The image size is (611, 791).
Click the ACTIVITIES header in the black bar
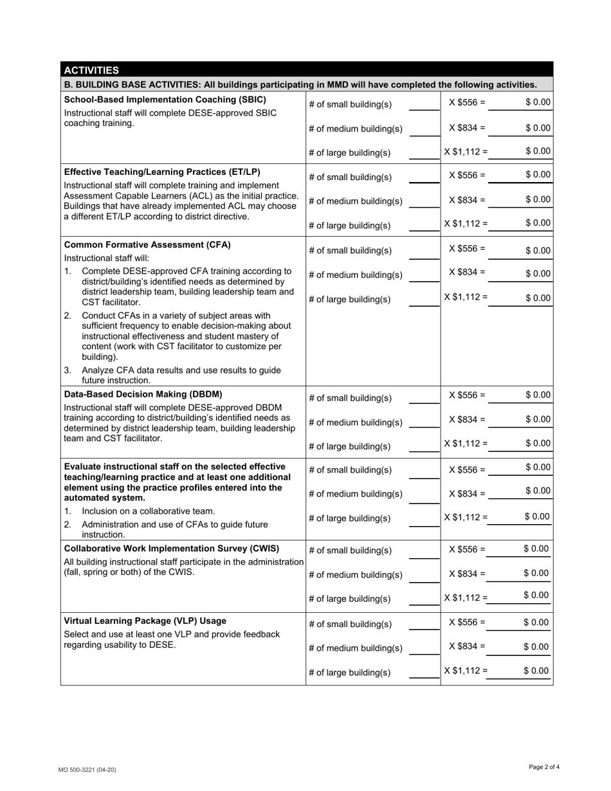pyautogui.click(x=91, y=70)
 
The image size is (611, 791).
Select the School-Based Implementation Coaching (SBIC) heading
pyautogui.click(x=165, y=100)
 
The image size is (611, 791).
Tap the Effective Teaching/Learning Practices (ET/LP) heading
pyautogui.click(x=162, y=172)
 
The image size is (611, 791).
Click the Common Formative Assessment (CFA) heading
pyautogui.click(x=147, y=245)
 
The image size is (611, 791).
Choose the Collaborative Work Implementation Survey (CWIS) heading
pyautogui.click(x=172, y=549)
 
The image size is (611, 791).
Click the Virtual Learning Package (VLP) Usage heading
pyautogui.click(x=145, y=621)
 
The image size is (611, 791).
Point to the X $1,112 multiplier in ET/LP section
pyautogui.click(x=466, y=223)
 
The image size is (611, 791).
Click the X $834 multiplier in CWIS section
pyautogui.click(x=467, y=573)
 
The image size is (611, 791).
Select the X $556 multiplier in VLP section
pyautogui.click(x=467, y=623)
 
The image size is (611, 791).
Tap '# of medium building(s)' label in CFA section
pyautogui.click(x=356, y=275)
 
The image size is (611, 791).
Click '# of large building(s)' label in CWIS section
pyautogui.click(x=349, y=599)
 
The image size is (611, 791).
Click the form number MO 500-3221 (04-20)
pyautogui.click(x=88, y=769)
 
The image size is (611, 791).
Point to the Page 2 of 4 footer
pyautogui.click(x=544, y=767)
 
